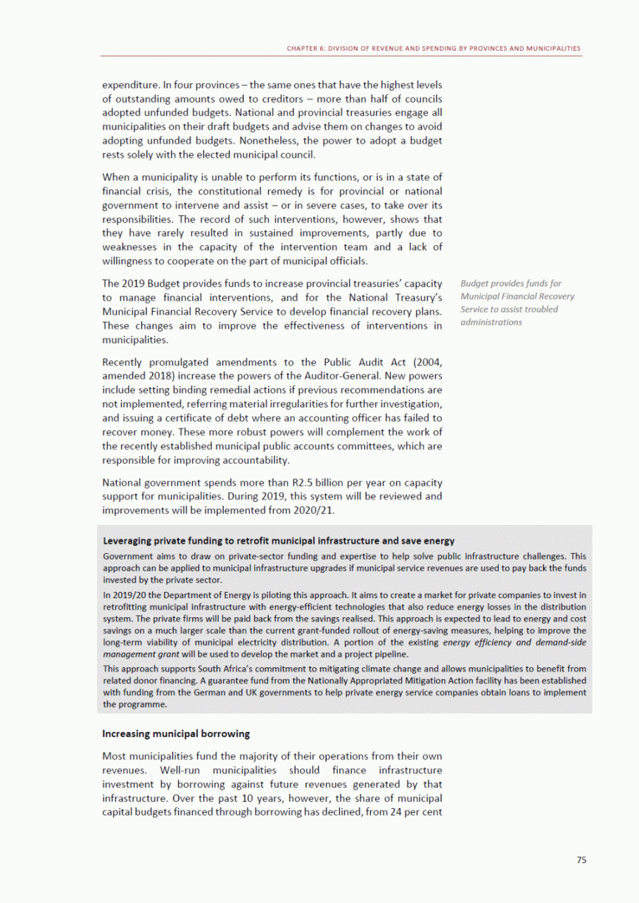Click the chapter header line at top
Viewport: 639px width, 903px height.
coord(434,49)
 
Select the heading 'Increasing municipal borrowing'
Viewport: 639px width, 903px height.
coord(176,733)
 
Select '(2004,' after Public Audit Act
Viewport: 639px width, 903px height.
coord(426,362)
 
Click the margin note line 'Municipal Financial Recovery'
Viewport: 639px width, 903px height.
coord(517,296)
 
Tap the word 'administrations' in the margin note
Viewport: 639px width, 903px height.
coord(491,322)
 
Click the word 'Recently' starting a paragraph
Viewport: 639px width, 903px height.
coord(124,362)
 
